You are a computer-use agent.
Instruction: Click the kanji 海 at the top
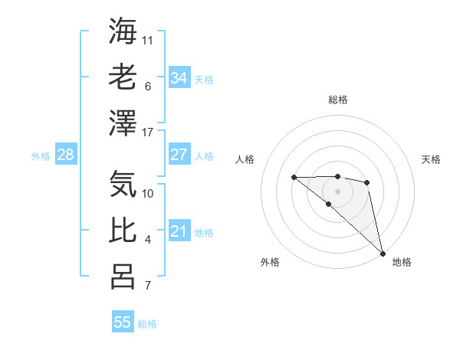pos(123,31)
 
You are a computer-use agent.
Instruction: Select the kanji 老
pos(123,77)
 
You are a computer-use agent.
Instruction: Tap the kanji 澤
pos(123,123)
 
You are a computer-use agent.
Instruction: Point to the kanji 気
pos(123,185)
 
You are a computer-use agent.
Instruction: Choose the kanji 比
pos(123,231)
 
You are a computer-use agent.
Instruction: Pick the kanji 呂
pos(123,277)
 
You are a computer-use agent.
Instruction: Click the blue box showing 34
pos(179,78)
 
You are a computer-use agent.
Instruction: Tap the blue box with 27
pos(179,155)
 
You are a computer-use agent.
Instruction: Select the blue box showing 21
pos(179,231)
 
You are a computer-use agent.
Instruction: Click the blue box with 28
pos(65,155)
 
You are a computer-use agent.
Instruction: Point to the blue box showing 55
pos(123,322)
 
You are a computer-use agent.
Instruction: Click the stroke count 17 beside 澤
pos(148,133)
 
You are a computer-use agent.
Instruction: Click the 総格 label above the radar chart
pos(338,100)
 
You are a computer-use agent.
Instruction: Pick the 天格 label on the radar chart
pos(431,159)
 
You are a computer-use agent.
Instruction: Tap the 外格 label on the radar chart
pos(270,262)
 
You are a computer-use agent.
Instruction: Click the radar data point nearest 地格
pos(382,252)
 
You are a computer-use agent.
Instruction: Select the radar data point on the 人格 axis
pos(294,178)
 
